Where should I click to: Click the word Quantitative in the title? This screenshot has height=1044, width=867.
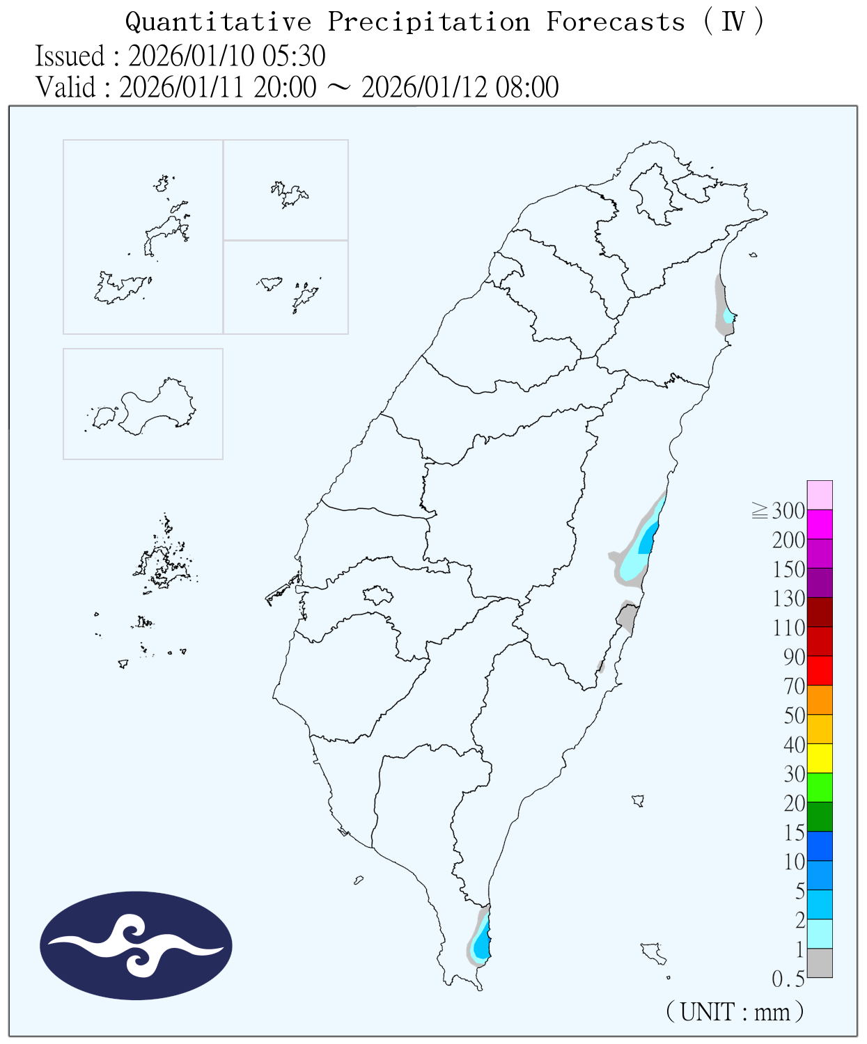[x=218, y=22]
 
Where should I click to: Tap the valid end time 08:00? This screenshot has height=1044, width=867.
[x=527, y=88]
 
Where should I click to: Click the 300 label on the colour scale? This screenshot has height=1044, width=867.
[x=788, y=511]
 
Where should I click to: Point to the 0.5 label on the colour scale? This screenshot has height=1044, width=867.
[x=788, y=979]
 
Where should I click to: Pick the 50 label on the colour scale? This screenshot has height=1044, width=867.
[x=794, y=715]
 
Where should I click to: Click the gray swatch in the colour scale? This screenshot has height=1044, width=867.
[x=820, y=963]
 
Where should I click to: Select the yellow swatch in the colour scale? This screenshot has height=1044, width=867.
[x=820, y=759]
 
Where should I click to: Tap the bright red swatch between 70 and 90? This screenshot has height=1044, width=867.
[x=820, y=671]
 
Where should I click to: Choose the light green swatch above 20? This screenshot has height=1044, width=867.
[x=820, y=788]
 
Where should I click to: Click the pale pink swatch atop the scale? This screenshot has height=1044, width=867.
[x=820, y=495]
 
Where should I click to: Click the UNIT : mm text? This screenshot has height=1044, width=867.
[x=735, y=1011]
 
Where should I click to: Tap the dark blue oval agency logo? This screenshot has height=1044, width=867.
[x=136, y=945]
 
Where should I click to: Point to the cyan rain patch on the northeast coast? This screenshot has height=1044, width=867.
[x=728, y=317]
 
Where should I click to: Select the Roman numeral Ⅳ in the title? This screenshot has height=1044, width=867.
[x=733, y=22]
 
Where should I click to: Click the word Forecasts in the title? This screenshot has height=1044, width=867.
[x=616, y=22]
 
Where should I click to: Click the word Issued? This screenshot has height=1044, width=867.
[x=70, y=56]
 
